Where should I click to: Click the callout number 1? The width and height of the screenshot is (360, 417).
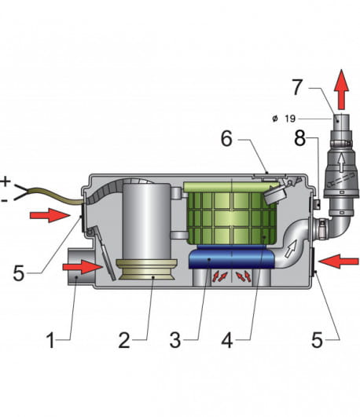click(x=50, y=341)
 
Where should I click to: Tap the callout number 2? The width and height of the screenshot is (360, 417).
click(x=124, y=341)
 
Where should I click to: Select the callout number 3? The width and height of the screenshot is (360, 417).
click(x=175, y=341)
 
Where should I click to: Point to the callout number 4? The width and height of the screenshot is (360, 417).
click(x=227, y=341)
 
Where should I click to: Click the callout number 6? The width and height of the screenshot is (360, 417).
click(x=226, y=139)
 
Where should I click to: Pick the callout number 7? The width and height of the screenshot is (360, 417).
click(x=297, y=87)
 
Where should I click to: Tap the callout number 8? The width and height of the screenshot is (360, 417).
click(x=299, y=138)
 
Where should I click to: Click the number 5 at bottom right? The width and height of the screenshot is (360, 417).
click(x=317, y=340)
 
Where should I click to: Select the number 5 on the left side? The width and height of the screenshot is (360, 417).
click(x=19, y=273)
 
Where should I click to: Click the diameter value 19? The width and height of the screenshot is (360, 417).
click(x=290, y=119)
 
